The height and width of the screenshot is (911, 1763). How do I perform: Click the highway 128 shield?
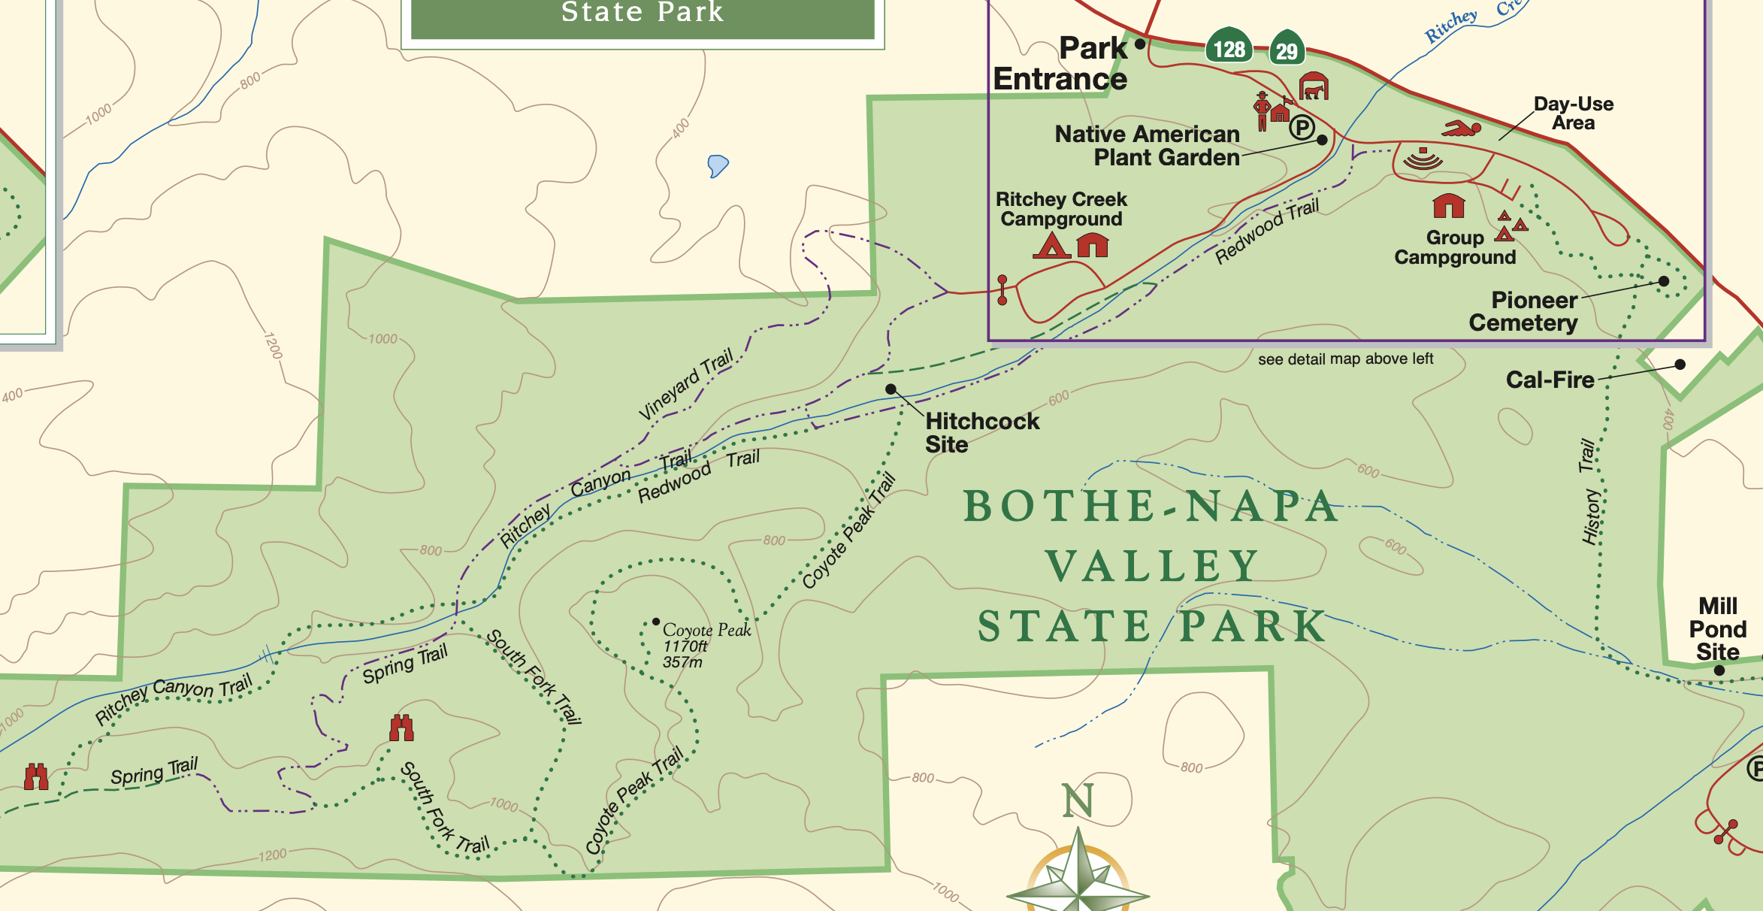(x=1229, y=47)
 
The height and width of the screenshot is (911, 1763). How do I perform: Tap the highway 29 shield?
(x=1287, y=49)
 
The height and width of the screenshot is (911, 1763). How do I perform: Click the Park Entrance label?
(x=1061, y=64)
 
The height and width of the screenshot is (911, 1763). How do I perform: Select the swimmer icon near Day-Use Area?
(x=1461, y=129)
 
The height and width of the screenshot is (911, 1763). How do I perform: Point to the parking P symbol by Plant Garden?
(x=1302, y=129)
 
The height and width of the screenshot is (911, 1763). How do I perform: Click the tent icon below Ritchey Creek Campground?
(x=1051, y=245)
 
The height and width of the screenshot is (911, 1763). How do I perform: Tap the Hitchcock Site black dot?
(x=891, y=389)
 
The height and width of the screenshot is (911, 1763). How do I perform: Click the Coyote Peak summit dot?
(x=656, y=622)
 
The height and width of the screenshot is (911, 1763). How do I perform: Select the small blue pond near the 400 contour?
(x=718, y=165)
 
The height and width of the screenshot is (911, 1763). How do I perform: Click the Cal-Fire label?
(x=1550, y=380)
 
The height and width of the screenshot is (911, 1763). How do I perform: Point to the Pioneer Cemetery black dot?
(x=1664, y=281)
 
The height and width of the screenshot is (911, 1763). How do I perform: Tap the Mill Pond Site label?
(x=1717, y=628)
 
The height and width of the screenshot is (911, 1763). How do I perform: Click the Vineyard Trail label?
(x=685, y=384)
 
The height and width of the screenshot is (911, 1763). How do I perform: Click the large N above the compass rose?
(x=1078, y=801)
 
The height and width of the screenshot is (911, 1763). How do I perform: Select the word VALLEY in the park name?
(x=1152, y=566)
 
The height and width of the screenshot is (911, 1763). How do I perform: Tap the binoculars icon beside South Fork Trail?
(x=401, y=728)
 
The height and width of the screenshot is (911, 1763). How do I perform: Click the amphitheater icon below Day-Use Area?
(x=1423, y=159)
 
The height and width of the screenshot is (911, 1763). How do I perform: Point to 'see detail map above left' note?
(x=1345, y=359)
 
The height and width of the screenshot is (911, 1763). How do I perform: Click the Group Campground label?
(x=1455, y=247)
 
